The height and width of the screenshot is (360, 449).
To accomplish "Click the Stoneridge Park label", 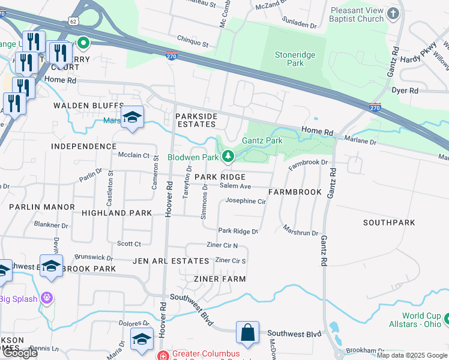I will click(x=295, y=59).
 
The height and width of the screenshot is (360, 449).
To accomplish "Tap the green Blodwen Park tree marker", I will click(x=228, y=157).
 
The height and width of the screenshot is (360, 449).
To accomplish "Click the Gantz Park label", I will click(x=262, y=140).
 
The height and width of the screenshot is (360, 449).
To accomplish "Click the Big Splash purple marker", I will click(x=47, y=298).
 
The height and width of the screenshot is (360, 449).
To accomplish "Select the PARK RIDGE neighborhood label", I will click(x=220, y=177).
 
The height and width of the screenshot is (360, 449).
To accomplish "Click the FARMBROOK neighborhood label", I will click(x=295, y=193).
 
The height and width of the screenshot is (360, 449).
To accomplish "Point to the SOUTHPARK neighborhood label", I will click(x=389, y=223).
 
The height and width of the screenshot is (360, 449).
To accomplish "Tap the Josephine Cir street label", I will click(x=246, y=202).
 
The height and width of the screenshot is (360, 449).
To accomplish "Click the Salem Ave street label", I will click(x=235, y=187).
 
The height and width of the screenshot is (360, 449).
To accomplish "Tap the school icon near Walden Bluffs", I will click(x=132, y=117).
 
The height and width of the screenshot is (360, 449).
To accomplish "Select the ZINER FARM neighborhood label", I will click(x=220, y=279).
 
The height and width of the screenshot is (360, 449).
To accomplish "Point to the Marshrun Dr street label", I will click(x=300, y=232).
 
